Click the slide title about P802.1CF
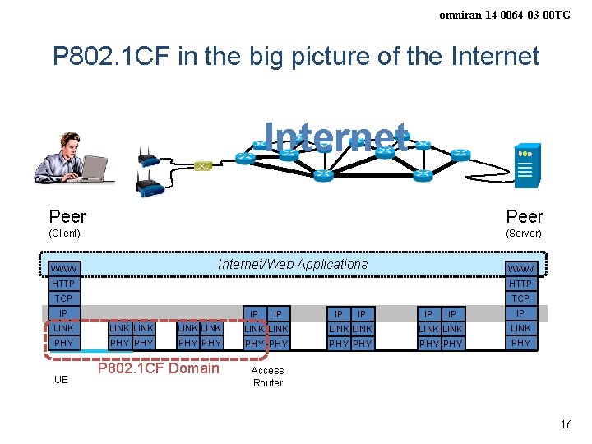click(x=296, y=56)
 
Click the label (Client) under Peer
click(x=65, y=234)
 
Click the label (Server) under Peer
click(x=524, y=234)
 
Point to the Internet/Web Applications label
click(x=293, y=264)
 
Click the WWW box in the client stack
click(x=63, y=269)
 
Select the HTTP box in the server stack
click(x=520, y=284)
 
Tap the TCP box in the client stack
click(x=63, y=298)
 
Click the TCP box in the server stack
click(x=520, y=298)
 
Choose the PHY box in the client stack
click(x=63, y=343)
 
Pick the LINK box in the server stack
click(x=520, y=328)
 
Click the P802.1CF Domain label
click(x=159, y=368)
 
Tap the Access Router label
click(x=268, y=377)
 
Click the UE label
click(x=61, y=380)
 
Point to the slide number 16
click(x=565, y=424)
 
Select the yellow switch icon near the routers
click(x=203, y=166)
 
